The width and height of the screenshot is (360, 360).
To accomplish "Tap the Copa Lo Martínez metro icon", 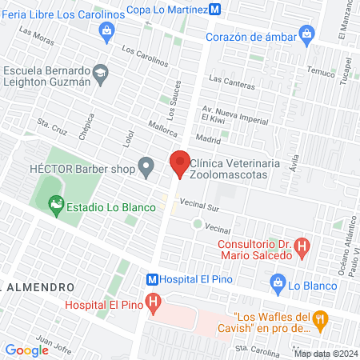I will point(214,9).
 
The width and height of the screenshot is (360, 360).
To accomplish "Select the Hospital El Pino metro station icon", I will point(151,280).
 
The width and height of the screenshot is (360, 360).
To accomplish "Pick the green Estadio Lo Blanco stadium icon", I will point(55,206).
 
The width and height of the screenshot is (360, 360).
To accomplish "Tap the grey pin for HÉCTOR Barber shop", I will point(146,168).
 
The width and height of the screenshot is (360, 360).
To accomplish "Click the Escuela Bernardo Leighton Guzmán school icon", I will point(100,74).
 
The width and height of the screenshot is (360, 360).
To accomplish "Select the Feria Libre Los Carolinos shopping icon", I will point(106,30).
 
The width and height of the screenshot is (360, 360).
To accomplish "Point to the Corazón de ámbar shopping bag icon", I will point(306,34).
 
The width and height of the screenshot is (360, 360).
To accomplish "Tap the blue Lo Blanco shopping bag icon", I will point(278,282).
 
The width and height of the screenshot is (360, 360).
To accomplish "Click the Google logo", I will point(26,350).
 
